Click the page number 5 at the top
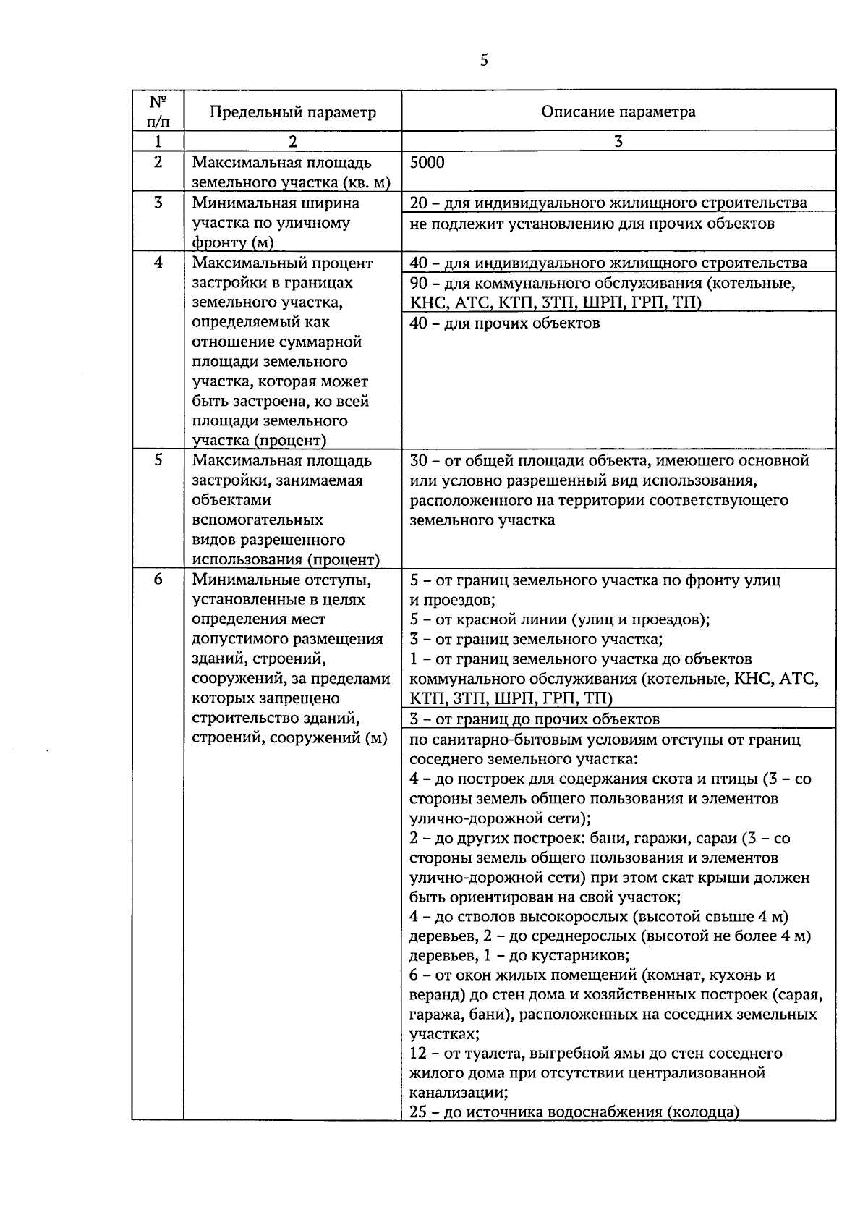pos(484,60)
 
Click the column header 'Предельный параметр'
pos(293,111)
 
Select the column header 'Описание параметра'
pos(618,111)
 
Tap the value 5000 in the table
pos(427,162)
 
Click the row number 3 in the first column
pos(158,203)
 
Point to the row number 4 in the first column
pos(158,263)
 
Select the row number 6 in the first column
pos(158,580)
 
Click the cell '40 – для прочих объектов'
pos(504,323)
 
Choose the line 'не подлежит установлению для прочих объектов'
pos(592,224)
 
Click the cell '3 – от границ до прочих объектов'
pos(535,719)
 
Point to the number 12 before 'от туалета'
pos(418,1053)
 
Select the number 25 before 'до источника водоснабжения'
pos(418,1112)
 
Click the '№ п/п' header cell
pos(158,111)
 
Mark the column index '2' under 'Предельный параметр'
pos(293,142)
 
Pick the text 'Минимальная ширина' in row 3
pos(275,203)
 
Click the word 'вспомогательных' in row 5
pos(258,520)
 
